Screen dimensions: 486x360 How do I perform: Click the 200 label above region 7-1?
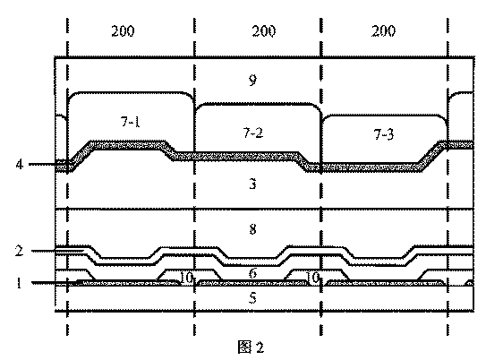pyautogui.click(x=123, y=31)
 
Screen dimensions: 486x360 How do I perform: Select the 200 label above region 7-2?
pyautogui.click(x=263, y=31)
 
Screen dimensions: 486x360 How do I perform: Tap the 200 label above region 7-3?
pyautogui.click(x=383, y=31)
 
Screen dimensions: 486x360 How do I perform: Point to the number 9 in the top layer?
pyautogui.click(x=253, y=80)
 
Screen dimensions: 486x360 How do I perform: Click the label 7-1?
pyautogui.click(x=131, y=122)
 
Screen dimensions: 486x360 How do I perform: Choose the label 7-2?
pyautogui.click(x=253, y=133)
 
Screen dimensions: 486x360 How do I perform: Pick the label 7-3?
pyautogui.click(x=384, y=134)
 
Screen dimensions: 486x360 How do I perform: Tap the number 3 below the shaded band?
pyautogui.click(x=253, y=184)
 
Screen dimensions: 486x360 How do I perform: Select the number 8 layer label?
pyautogui.click(x=253, y=229)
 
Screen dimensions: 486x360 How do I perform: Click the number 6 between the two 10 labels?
pyautogui.click(x=253, y=273)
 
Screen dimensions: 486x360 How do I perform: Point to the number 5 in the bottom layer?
pyautogui.click(x=253, y=297)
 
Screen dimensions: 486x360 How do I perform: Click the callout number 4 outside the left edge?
pyautogui.click(x=20, y=164)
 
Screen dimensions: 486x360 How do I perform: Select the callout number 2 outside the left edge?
pyautogui.click(x=19, y=251)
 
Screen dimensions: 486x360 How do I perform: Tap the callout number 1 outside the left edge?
pyautogui.click(x=19, y=283)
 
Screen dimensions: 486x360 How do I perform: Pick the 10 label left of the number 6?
pyautogui.click(x=186, y=278)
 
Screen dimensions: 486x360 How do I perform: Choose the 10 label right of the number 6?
pyautogui.click(x=313, y=278)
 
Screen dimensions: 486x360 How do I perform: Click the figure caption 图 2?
pyautogui.click(x=252, y=347)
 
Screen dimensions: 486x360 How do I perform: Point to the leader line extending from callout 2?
pyautogui.click(x=57, y=251)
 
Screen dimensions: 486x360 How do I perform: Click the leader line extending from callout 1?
pyautogui.click(x=55, y=283)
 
